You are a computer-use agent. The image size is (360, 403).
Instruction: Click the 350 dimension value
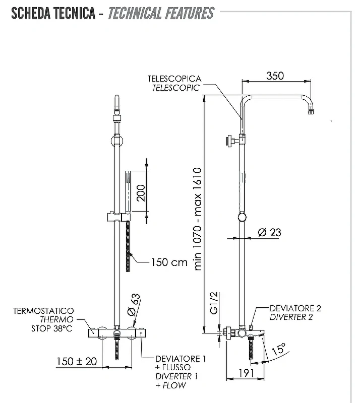[x=275, y=76]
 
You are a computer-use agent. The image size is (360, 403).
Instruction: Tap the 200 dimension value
[x=141, y=193]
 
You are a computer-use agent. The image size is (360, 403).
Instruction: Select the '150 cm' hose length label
[x=169, y=262]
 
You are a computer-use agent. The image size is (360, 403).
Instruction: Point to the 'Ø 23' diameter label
[x=270, y=233]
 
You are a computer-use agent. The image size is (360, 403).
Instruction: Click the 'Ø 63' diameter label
[x=134, y=305]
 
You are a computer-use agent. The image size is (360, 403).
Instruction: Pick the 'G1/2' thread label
[x=214, y=303]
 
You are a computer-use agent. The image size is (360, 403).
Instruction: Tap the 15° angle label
[x=278, y=349]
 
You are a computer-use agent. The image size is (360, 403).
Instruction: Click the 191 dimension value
[x=246, y=373]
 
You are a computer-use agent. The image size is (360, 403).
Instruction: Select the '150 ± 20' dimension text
[x=77, y=361]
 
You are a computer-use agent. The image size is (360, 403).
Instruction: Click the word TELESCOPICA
[x=174, y=79]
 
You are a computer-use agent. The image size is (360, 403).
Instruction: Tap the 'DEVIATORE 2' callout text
[x=295, y=308]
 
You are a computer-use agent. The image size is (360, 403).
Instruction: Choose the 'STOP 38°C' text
[x=52, y=328]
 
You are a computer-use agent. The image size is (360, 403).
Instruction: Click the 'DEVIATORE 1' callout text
[x=181, y=359]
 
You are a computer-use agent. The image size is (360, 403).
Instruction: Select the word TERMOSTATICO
[x=43, y=311]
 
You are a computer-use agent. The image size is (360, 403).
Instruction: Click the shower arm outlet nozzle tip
[x=311, y=112]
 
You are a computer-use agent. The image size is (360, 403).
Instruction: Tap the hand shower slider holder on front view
[x=119, y=217]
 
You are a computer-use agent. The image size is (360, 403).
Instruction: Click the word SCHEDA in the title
[x=28, y=14]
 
